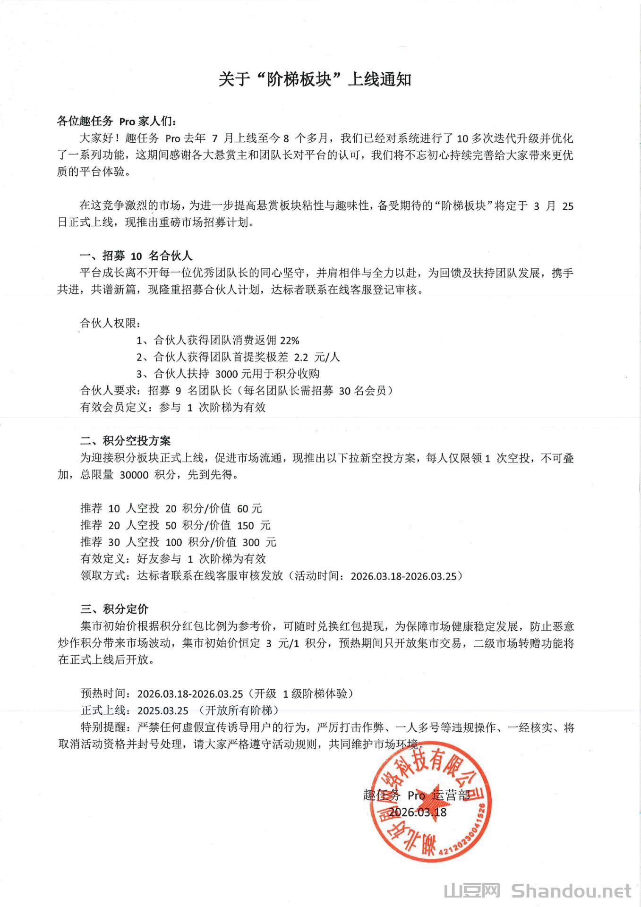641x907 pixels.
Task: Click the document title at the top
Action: click(315, 79)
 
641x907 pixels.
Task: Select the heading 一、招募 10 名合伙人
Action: click(136, 256)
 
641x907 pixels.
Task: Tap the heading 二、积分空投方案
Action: click(125, 441)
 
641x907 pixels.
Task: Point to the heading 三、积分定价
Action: click(114, 609)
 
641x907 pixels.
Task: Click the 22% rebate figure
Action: click(290, 340)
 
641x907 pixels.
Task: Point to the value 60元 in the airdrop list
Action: click(249, 509)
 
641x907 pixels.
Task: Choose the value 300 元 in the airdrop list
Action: click(259, 542)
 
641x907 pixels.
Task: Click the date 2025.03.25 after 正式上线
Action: click(163, 710)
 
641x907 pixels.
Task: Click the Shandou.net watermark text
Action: click(572, 890)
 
